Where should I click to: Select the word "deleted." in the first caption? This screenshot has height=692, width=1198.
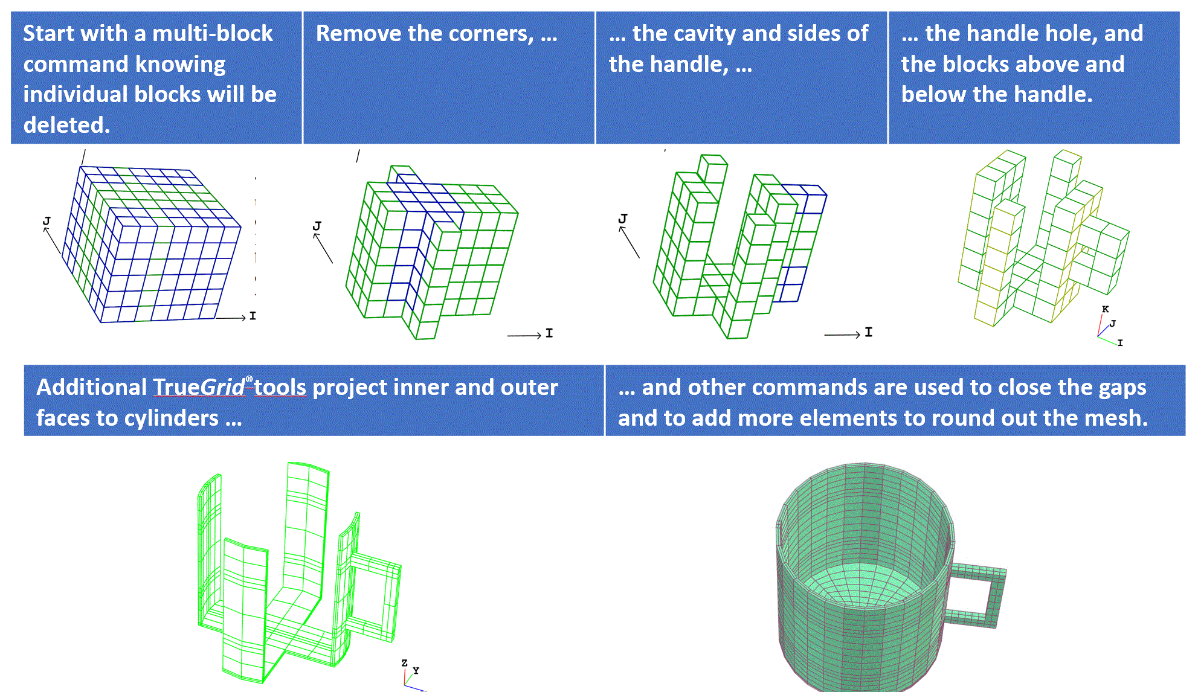coord(66,125)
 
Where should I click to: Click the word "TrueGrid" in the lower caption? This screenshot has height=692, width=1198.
coord(199,387)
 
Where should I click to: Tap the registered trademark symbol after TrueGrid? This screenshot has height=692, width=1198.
coord(249,379)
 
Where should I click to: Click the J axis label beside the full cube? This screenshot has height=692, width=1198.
coord(47,221)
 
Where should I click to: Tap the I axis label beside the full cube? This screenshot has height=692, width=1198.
coord(253,316)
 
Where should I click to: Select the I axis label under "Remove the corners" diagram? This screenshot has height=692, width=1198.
coord(549,333)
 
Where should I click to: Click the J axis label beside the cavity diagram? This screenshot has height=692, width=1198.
coord(623,219)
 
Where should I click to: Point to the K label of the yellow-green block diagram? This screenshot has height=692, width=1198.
coord(1105,309)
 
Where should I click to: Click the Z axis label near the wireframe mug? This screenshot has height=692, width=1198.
coord(404,663)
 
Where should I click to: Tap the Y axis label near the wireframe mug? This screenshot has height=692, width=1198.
coord(416,670)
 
